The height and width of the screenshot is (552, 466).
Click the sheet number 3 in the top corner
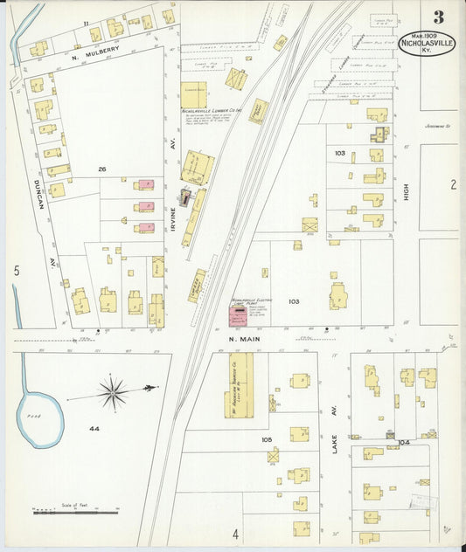(438, 17)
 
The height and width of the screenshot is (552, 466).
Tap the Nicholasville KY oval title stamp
(426, 44)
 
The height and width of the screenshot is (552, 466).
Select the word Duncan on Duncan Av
(38, 187)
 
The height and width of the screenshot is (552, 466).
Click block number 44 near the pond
(94, 429)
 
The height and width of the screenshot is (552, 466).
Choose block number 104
(403, 443)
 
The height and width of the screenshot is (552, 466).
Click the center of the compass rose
(113, 391)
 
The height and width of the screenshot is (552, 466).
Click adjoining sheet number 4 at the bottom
(235, 533)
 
